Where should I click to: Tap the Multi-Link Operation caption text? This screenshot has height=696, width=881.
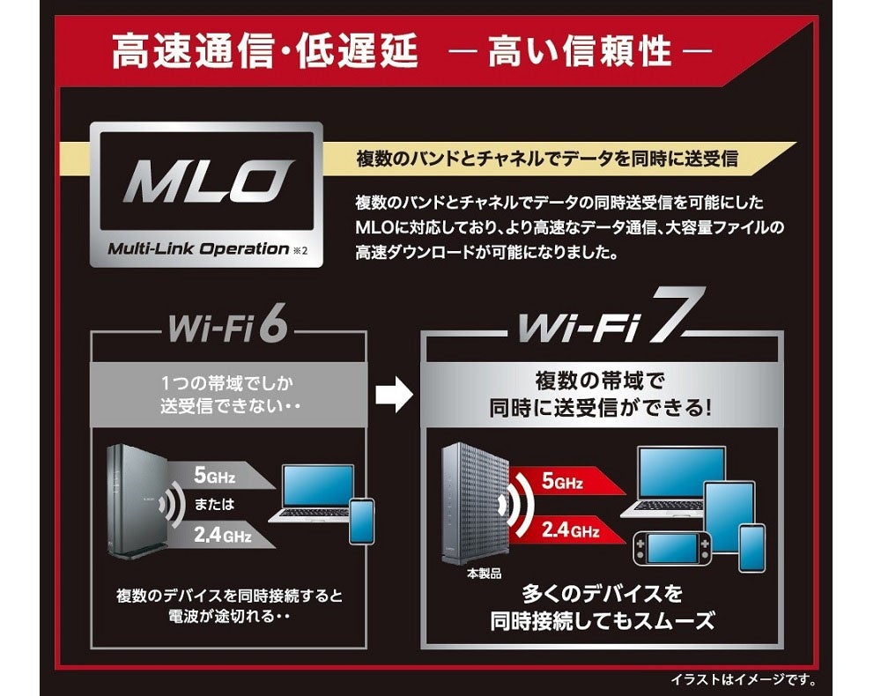tap(198, 248)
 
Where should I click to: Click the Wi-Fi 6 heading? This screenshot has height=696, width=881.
tap(226, 329)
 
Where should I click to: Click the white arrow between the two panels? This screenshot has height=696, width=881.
tap(394, 396)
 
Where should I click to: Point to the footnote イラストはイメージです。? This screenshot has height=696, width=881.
tap(744, 679)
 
